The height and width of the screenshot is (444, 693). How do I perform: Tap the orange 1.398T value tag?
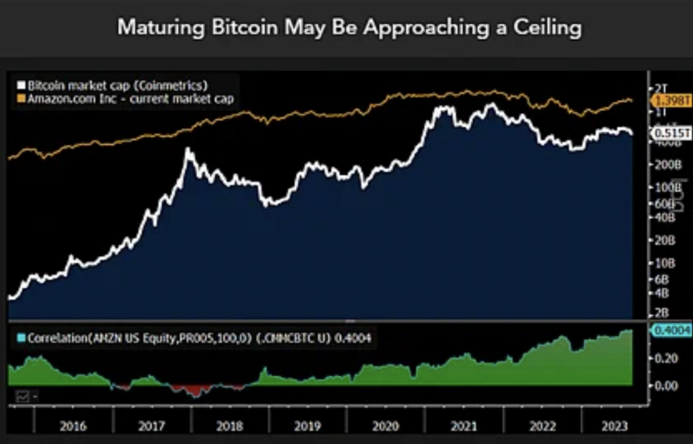click(x=669, y=99)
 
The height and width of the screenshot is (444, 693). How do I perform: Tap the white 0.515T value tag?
click(x=669, y=133)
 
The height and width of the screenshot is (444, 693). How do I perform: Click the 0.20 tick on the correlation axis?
click(x=665, y=357)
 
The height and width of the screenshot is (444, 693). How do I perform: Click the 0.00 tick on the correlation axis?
click(x=665, y=385)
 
